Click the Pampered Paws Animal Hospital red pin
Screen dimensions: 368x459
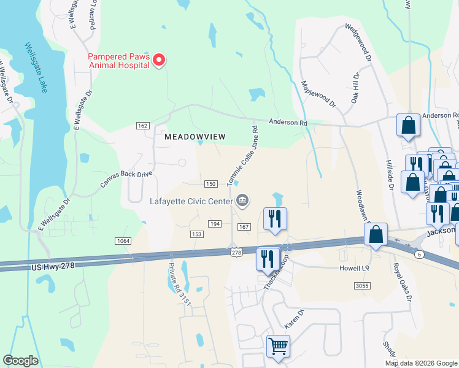click(x=159, y=59)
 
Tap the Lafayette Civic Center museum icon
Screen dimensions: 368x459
click(x=242, y=201)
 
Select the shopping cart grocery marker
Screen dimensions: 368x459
click(x=278, y=347)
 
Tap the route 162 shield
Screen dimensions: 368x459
click(x=143, y=126)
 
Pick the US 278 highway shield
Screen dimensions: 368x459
click(x=235, y=252)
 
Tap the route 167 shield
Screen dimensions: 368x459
click(x=244, y=227)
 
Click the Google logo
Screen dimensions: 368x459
click(x=20, y=361)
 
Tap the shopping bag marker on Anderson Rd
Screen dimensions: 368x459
click(x=408, y=126)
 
